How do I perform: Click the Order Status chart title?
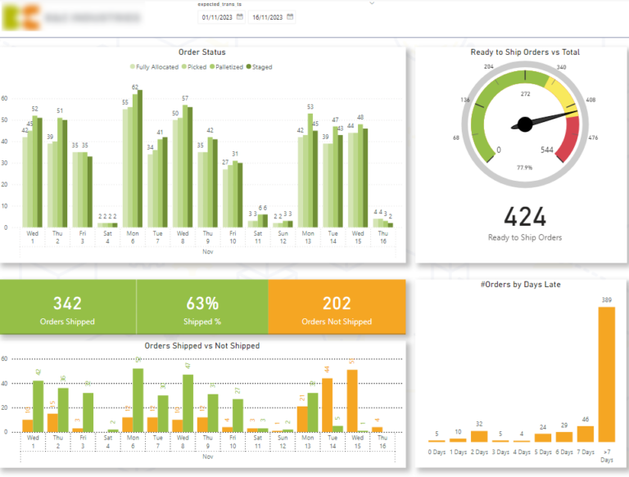click(x=201, y=52)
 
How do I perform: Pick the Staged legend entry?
click(x=259, y=67)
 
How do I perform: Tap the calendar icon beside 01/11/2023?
click(x=240, y=16)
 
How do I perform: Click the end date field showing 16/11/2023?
click(x=268, y=16)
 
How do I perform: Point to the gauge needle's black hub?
click(x=523, y=125)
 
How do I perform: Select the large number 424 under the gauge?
click(x=525, y=217)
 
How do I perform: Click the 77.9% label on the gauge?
click(x=525, y=167)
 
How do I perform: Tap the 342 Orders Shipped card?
click(x=67, y=308)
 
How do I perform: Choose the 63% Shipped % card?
click(x=201, y=308)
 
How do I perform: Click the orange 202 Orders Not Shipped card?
click(x=337, y=308)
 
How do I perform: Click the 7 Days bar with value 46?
click(x=585, y=434)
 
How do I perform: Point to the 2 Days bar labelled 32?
click(x=478, y=436)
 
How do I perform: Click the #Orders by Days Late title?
click(x=522, y=284)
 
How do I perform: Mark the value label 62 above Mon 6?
click(x=136, y=88)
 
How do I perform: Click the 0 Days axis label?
click(x=437, y=452)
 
